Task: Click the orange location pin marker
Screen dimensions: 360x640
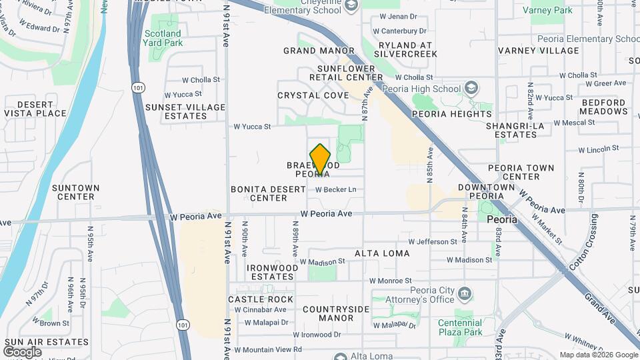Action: (320, 159)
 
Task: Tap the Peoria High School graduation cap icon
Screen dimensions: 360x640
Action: (471, 89)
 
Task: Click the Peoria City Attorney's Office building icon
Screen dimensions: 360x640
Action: (465, 293)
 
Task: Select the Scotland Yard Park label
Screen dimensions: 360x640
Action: (162, 38)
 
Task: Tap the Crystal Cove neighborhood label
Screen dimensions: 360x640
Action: (313, 95)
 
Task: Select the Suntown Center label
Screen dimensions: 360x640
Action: (75, 193)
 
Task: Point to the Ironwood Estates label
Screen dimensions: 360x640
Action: (272, 272)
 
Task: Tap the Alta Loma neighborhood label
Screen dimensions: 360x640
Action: (382, 253)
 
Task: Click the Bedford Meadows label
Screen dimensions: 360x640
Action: (603, 107)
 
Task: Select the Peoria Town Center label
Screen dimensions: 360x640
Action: (523, 172)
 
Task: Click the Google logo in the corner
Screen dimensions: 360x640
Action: (22, 351)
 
